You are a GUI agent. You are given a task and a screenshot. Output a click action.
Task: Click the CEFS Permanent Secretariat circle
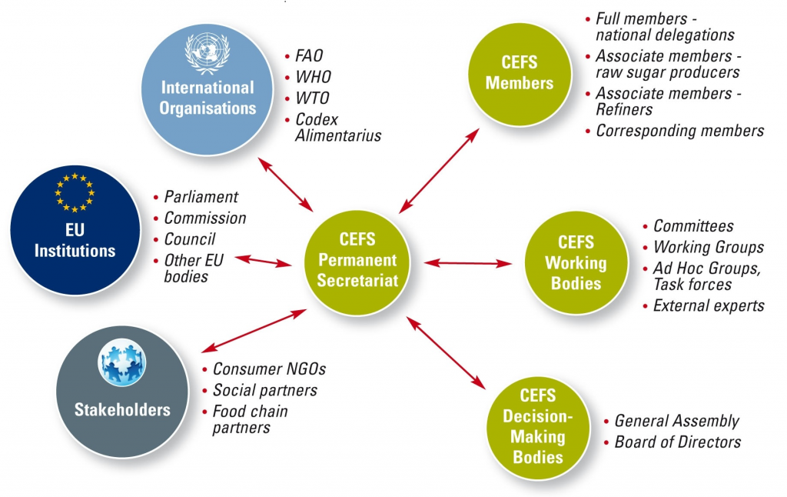click(x=357, y=261)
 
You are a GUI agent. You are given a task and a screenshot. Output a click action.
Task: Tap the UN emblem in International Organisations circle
click(x=208, y=52)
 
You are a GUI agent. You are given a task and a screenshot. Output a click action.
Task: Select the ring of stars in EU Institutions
click(x=75, y=192)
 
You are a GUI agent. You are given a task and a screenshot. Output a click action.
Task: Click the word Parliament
click(x=201, y=197)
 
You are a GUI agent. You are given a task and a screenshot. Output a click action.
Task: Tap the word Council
click(x=190, y=239)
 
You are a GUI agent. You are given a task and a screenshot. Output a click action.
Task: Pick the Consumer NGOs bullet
click(x=269, y=369)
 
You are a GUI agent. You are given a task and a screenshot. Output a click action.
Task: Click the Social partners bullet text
click(x=264, y=390)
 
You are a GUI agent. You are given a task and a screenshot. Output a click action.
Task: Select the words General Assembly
click(x=676, y=421)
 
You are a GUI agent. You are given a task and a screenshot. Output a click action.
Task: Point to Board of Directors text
click(x=678, y=442)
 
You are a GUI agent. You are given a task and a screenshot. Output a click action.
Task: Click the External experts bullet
click(x=709, y=305)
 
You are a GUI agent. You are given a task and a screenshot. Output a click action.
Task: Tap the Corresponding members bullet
click(x=680, y=130)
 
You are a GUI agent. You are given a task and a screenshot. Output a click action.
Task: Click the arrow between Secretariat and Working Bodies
click(x=468, y=263)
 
